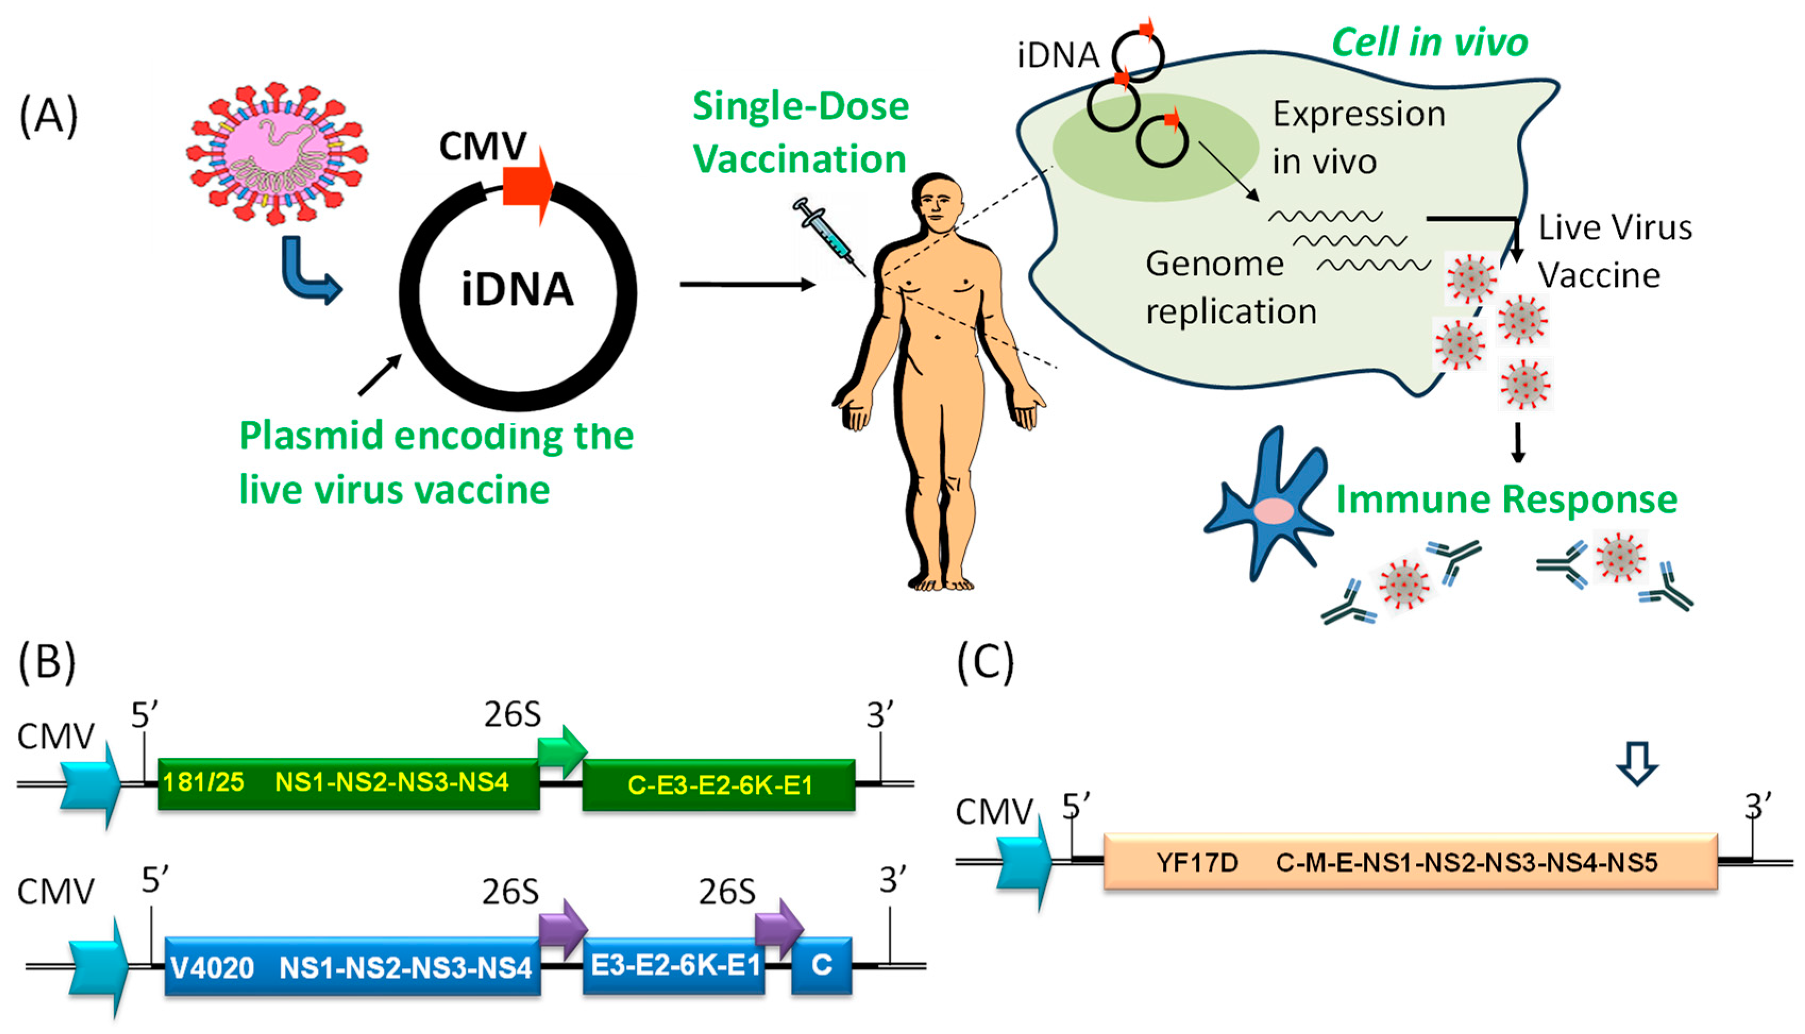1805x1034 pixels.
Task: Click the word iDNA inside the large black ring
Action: point(517,290)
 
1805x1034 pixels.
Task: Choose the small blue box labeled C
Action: point(821,965)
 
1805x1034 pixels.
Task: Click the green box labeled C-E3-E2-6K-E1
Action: point(718,785)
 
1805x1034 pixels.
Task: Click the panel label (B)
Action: point(47,662)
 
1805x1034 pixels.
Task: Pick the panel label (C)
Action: point(985,662)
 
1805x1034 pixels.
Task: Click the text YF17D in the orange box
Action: point(1197,863)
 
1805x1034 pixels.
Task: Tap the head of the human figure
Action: point(939,203)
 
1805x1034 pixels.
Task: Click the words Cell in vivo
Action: point(1429,43)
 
